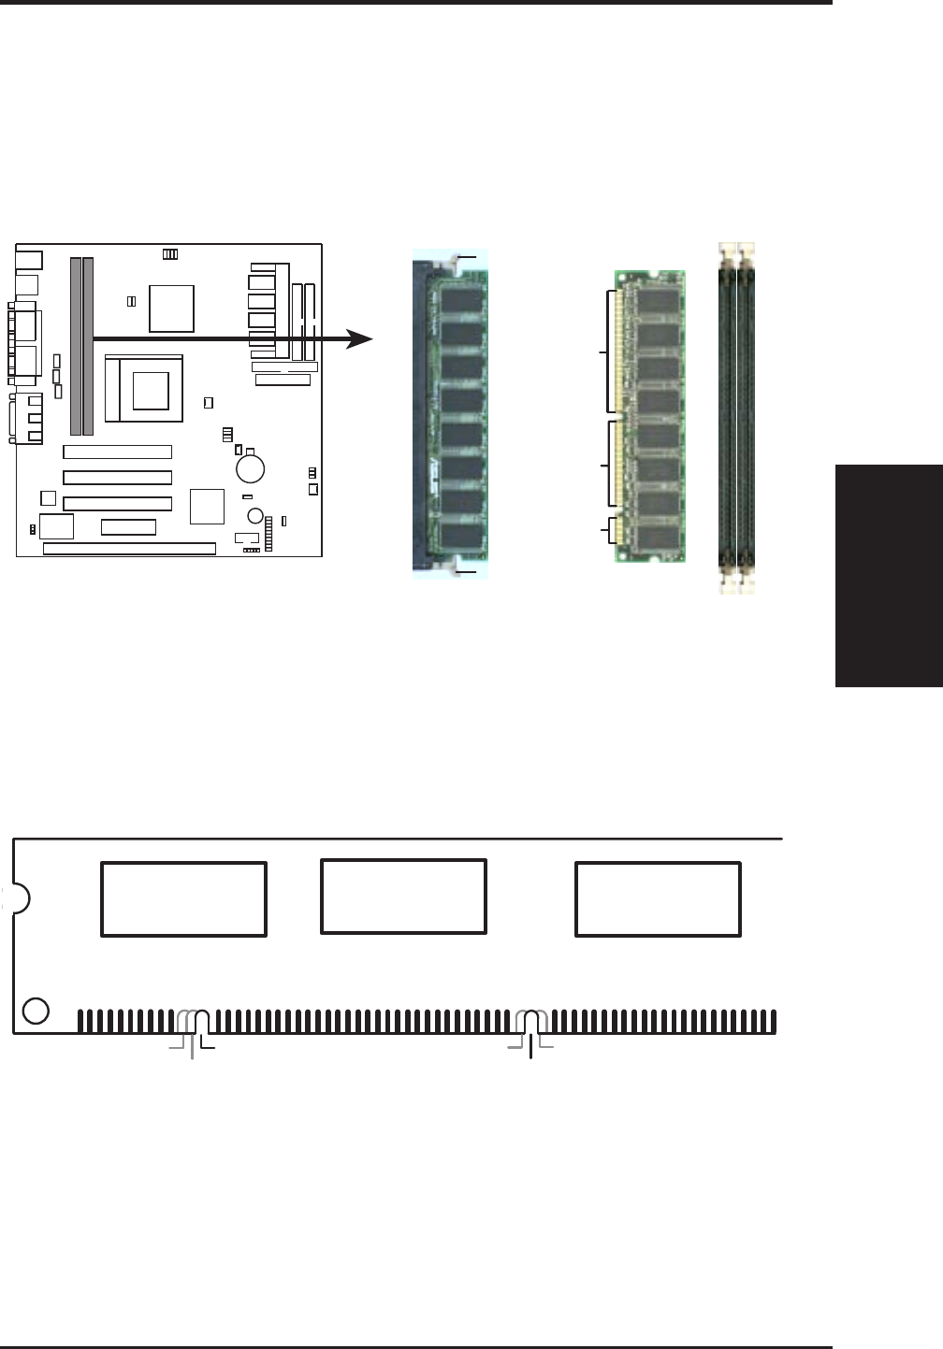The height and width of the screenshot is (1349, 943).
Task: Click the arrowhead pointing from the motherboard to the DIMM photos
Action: [360, 339]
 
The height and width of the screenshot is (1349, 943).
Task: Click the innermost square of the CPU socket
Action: [151, 390]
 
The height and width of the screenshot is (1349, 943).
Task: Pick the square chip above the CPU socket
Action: [172, 309]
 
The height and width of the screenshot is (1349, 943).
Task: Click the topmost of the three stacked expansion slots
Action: [117, 452]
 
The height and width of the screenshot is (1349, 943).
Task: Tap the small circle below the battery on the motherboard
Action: [255, 515]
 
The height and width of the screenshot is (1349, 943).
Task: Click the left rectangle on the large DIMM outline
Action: [183, 899]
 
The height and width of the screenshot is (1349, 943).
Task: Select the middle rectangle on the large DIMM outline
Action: [403, 897]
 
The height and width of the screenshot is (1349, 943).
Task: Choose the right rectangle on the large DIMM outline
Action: [658, 899]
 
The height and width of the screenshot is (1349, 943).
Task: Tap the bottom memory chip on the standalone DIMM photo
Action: [657, 537]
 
